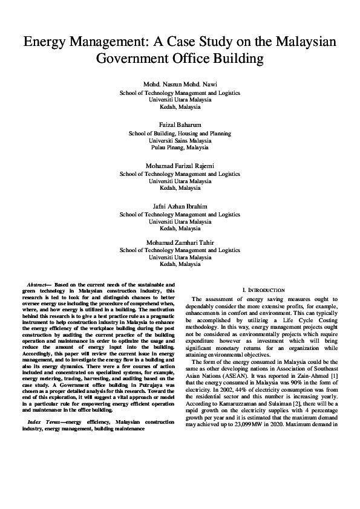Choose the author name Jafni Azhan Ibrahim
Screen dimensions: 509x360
pos(180,206)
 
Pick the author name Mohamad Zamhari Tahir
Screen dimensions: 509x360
pos(180,243)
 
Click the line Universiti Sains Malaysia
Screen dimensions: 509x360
pos(180,140)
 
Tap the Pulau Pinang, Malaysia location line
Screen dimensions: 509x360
pos(180,147)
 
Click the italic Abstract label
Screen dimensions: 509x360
pos(38,284)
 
